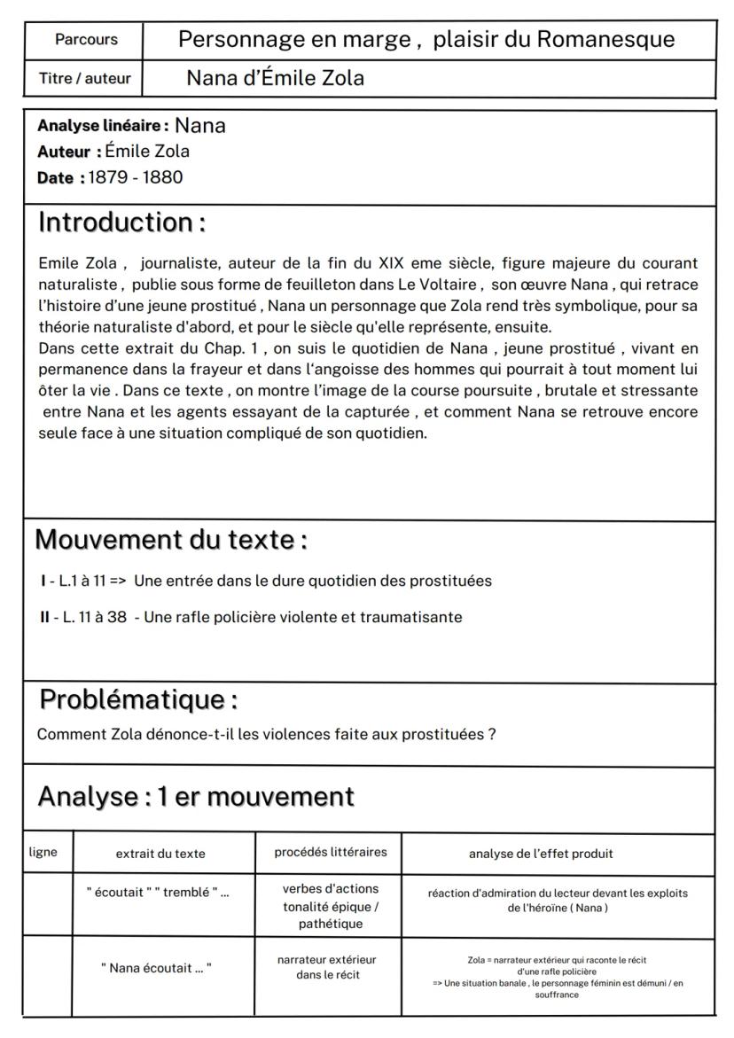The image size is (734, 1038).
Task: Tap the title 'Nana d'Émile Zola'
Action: point(275,79)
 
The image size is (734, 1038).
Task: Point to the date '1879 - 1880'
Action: point(135,177)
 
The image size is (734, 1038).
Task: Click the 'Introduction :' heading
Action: point(121,222)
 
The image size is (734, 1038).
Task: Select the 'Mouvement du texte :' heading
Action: point(171,539)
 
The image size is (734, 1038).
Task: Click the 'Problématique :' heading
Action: point(138,699)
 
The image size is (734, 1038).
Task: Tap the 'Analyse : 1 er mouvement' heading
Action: point(195,797)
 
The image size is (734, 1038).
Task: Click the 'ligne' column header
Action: point(43,853)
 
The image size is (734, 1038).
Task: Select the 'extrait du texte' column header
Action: point(160,854)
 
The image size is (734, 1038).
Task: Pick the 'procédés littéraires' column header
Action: point(327,853)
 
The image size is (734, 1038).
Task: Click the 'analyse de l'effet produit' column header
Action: point(541,854)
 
